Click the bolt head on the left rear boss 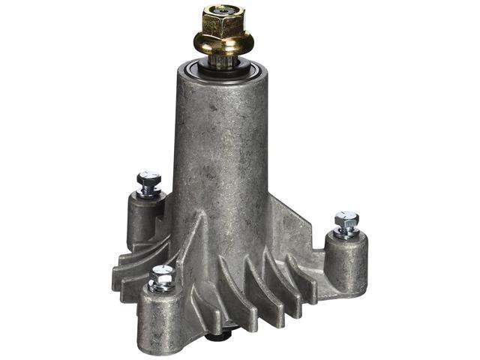(147, 180)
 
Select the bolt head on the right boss (346, 220)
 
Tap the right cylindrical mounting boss (346, 262)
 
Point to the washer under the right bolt (346, 234)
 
